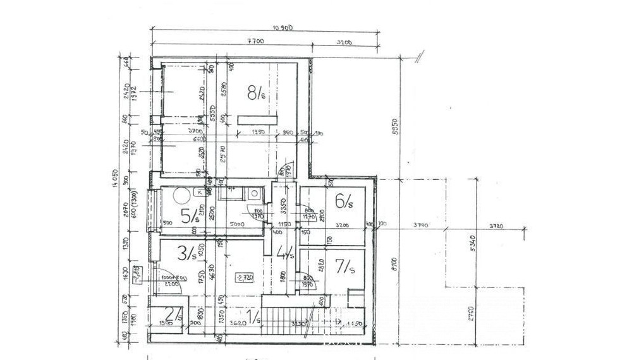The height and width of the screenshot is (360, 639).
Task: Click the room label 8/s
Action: (256, 93)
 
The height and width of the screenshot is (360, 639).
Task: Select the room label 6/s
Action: (344, 201)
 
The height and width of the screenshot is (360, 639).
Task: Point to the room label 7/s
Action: (344, 268)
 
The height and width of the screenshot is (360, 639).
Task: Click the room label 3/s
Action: (186, 254)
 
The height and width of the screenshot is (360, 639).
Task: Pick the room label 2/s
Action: (173, 313)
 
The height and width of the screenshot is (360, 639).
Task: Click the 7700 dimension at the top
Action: (255, 42)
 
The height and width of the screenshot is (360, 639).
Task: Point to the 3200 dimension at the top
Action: (344, 42)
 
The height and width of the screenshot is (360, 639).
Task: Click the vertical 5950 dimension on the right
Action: (395, 127)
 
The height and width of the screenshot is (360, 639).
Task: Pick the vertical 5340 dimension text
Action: (471, 243)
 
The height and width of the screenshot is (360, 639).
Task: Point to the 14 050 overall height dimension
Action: (116, 179)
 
